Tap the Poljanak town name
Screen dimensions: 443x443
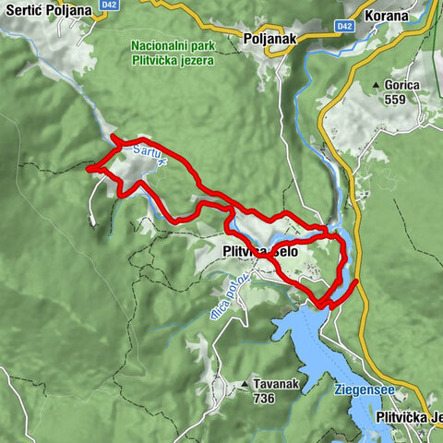[269, 39]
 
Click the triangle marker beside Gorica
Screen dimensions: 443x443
[377, 86]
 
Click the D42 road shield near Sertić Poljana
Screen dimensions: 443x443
[111, 5]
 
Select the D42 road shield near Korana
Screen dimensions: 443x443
[345, 26]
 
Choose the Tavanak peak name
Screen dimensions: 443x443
[275, 384]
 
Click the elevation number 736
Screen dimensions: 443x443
[265, 400]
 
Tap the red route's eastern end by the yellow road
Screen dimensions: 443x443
[356, 280]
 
